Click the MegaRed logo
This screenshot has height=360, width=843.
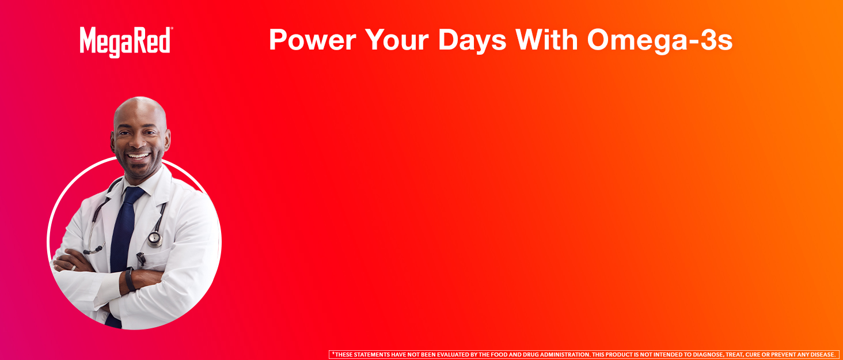point(126,42)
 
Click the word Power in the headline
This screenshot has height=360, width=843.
point(312,40)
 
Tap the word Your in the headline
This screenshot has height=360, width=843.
point(397,40)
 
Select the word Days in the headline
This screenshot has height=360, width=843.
point(472,41)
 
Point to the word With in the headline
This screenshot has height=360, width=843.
point(546,40)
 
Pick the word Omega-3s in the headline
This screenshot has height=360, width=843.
point(660,41)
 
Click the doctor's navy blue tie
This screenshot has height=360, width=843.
point(123,248)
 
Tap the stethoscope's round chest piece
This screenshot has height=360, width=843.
point(155,238)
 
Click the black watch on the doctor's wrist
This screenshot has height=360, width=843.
point(130,279)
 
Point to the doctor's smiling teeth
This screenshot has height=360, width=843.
point(138,156)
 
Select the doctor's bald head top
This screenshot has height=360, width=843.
point(140,107)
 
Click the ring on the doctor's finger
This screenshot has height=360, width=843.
point(74,268)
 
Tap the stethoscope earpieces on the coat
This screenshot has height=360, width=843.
point(94,249)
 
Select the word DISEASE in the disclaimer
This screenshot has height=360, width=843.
point(821,355)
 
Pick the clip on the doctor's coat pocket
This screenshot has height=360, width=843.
point(141,260)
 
